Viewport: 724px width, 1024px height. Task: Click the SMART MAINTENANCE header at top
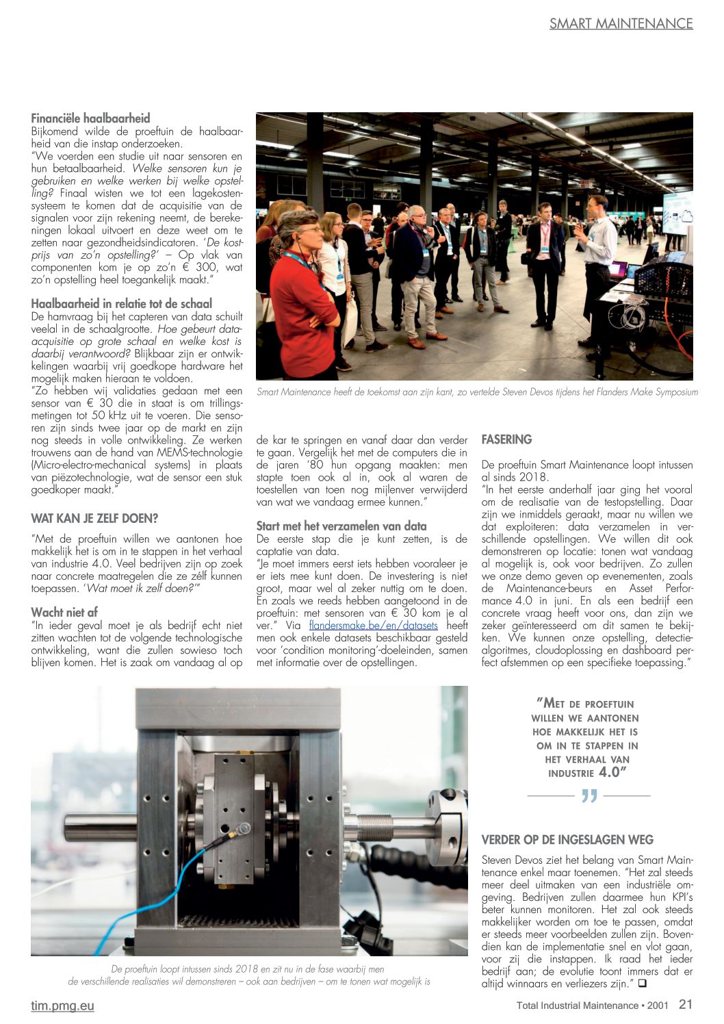[621, 23]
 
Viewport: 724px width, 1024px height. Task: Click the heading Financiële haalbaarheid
[90, 118]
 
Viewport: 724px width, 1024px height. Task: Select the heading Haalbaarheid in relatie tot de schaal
[121, 303]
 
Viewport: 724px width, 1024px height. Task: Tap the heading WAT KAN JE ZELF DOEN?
[94, 518]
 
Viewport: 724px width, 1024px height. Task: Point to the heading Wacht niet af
[64, 612]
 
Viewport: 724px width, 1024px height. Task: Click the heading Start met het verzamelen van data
[341, 526]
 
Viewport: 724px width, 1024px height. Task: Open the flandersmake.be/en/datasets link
[373, 625]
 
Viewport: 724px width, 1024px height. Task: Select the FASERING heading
[506, 439]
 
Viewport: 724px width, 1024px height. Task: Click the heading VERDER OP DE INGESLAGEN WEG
[567, 840]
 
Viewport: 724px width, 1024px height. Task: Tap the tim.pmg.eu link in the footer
[62, 1006]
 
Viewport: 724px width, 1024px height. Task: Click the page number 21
[685, 1004]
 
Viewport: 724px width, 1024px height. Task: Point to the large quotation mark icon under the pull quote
[589, 796]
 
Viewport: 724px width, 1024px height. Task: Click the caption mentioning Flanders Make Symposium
[477, 392]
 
